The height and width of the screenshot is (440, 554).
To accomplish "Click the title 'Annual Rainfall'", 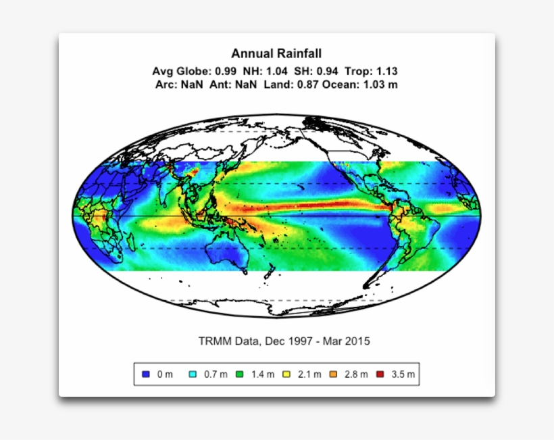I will pos(276,53).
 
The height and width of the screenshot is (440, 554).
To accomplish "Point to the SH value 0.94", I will pos(328,71).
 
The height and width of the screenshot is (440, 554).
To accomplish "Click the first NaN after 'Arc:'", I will pos(191,84).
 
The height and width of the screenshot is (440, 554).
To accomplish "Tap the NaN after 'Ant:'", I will pos(246,84).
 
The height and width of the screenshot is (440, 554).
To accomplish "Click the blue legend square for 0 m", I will pos(147,374).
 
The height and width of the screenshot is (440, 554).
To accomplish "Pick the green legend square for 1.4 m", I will pos(239,374).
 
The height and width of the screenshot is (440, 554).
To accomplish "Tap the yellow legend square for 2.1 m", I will pos(286,374).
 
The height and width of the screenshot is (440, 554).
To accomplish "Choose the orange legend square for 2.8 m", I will pos(333,374).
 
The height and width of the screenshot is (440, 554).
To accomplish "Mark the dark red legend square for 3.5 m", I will pos(380,374).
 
